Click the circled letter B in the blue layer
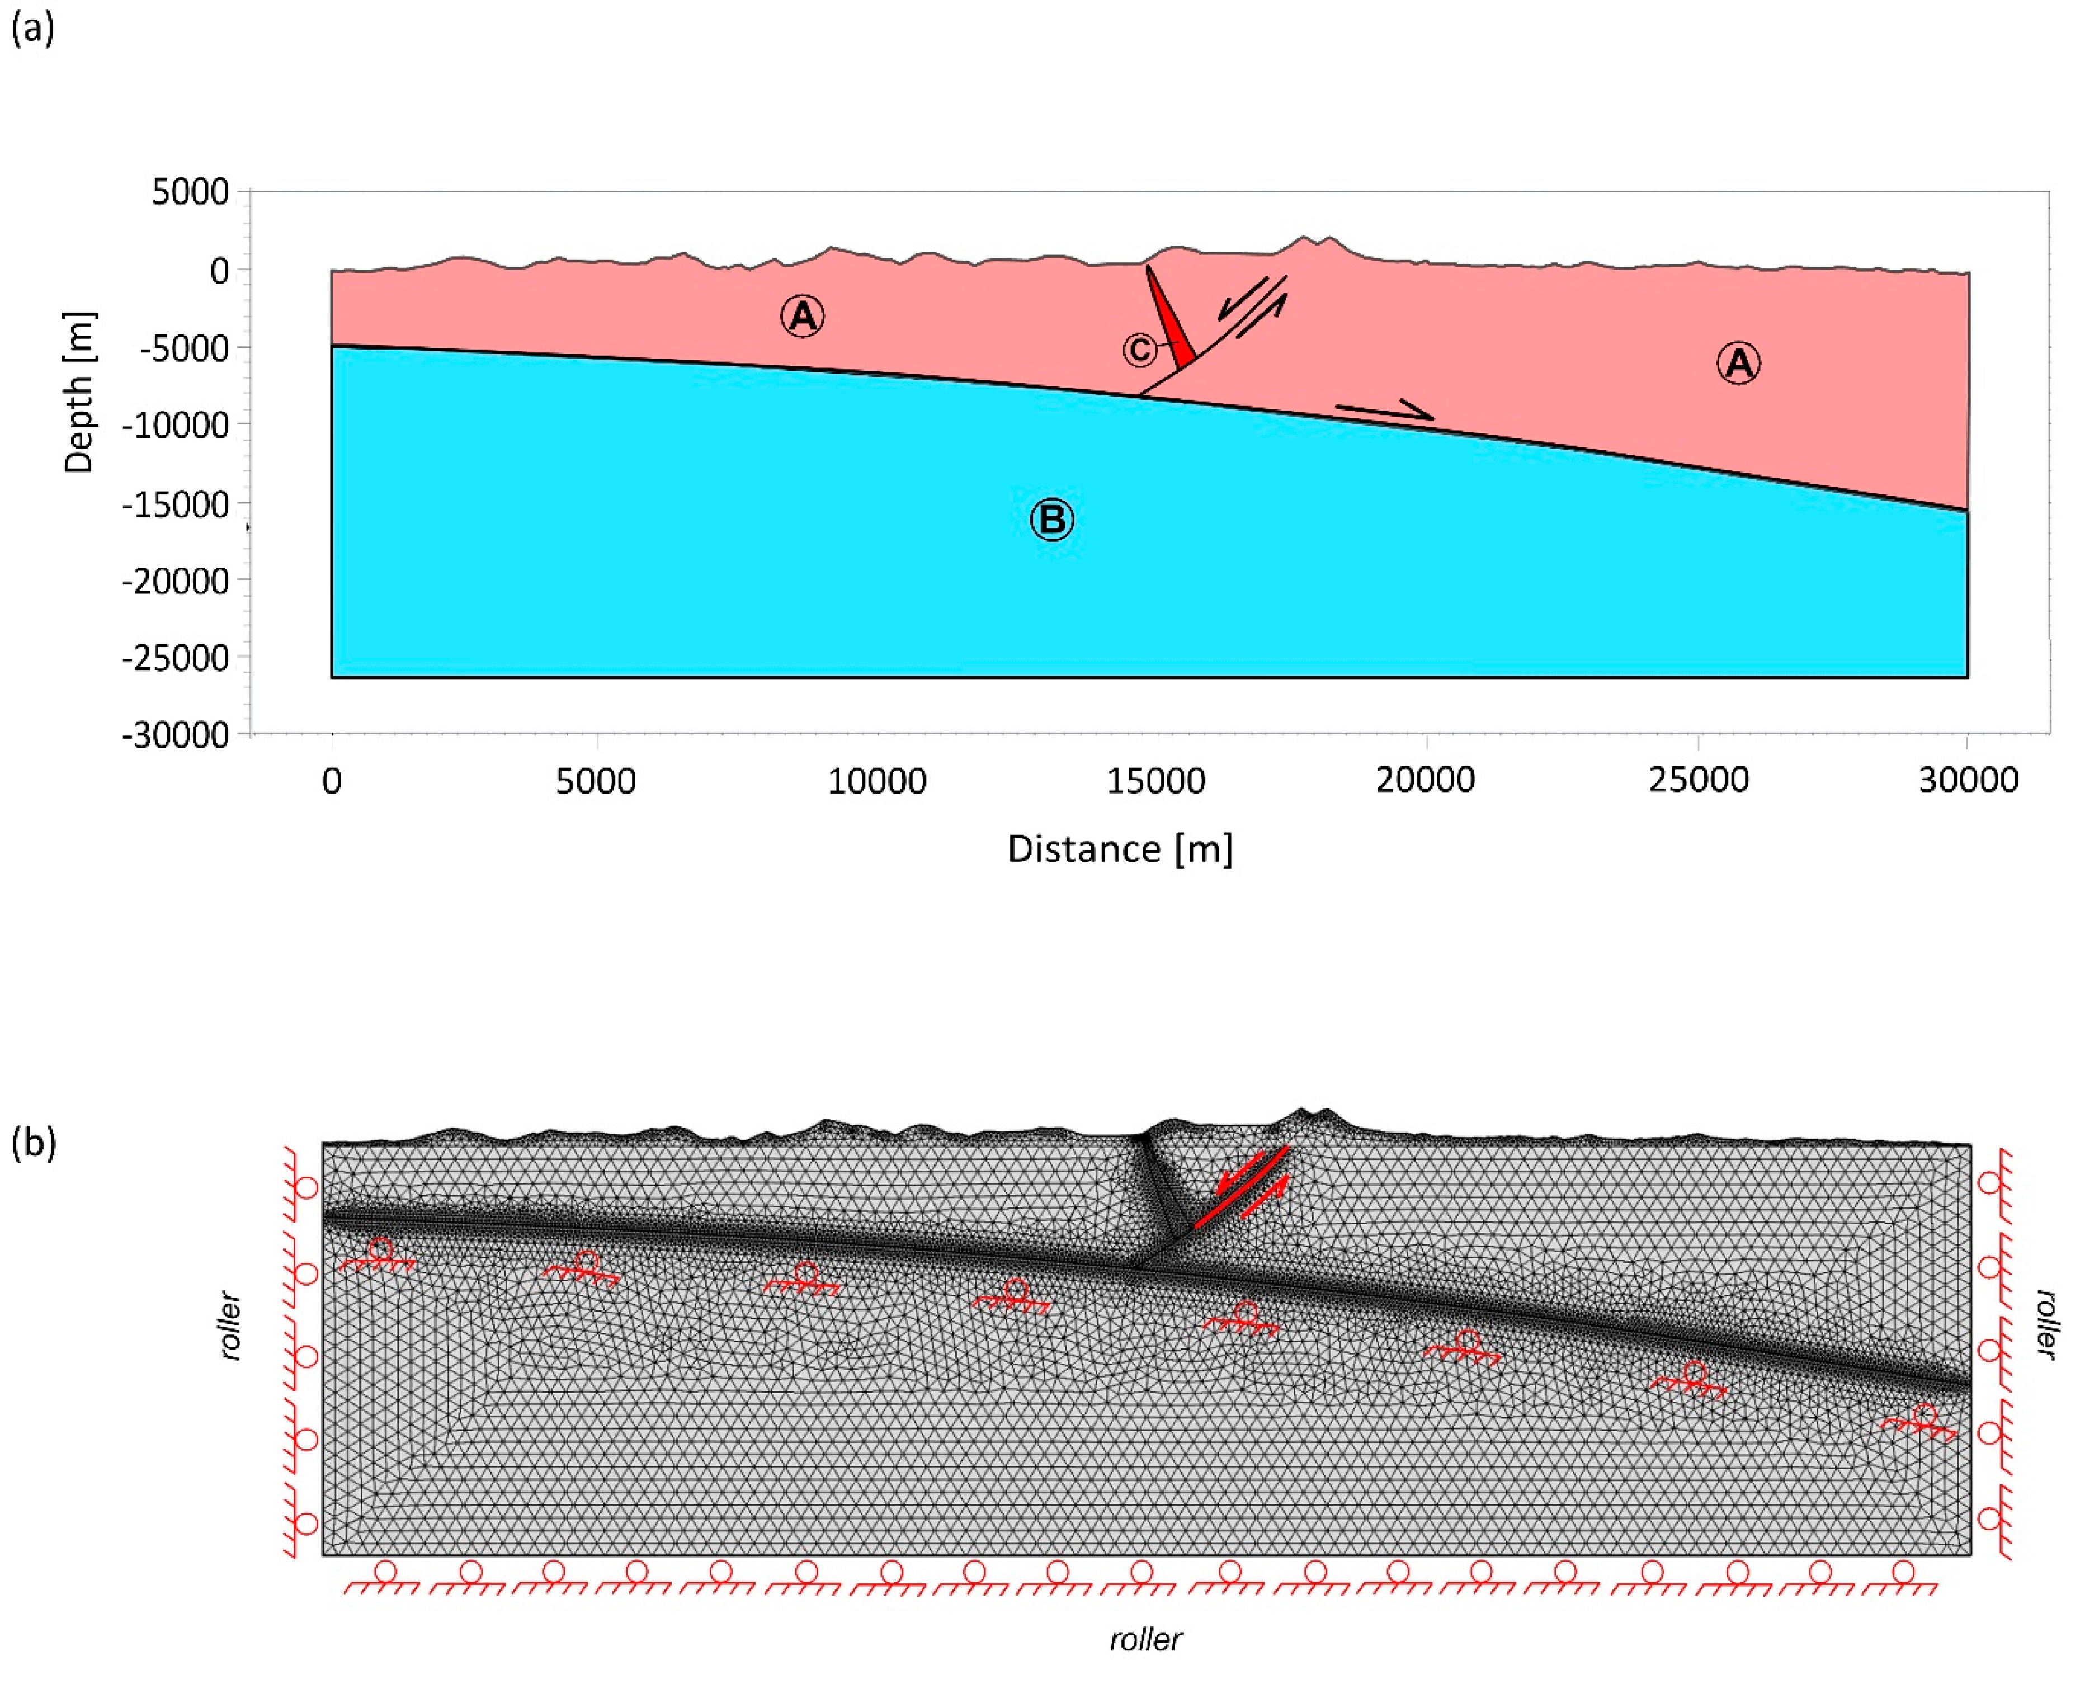1051,520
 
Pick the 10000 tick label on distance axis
876,781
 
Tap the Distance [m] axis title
1120,849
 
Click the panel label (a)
32,29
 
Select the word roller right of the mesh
2045,1324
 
